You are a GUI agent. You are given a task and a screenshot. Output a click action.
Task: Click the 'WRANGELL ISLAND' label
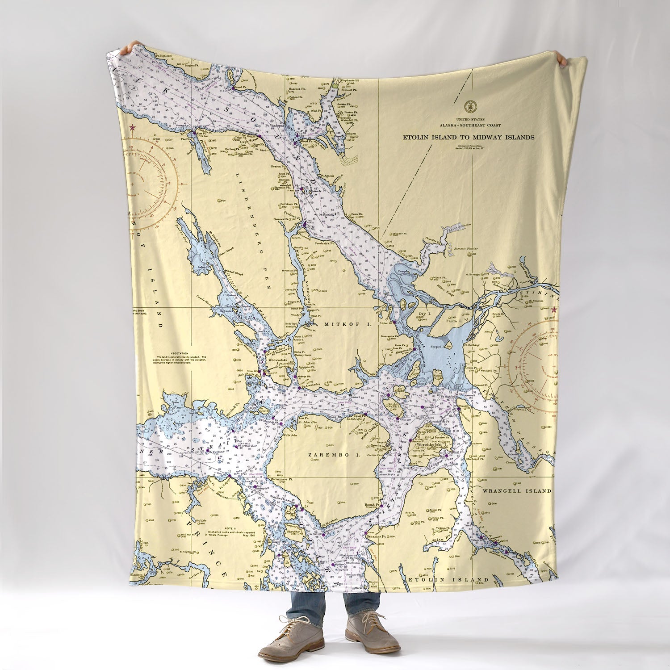pyautogui.click(x=517, y=490)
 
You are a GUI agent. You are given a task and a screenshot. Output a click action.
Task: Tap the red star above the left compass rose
pyautogui.click(x=132, y=128)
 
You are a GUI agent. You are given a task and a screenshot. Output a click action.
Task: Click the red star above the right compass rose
pyautogui.click(x=554, y=310)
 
